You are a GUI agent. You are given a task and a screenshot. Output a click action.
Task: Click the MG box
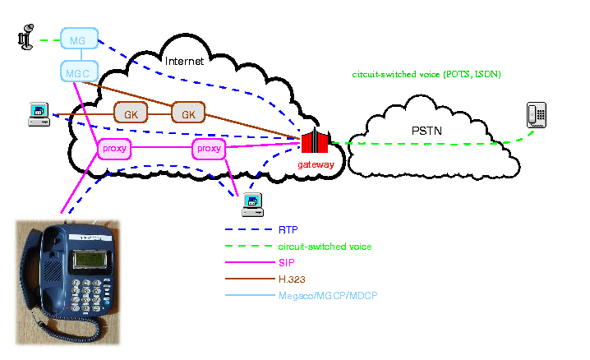77,39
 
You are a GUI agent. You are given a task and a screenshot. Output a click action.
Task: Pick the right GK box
187,113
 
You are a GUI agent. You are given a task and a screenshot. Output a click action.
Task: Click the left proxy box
113,149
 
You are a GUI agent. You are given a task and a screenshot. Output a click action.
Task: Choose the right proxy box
209,149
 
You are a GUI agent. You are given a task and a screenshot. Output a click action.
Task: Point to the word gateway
316,164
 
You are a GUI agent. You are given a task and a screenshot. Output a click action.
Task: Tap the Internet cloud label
183,62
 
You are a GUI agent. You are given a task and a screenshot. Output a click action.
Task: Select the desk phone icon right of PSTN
537,115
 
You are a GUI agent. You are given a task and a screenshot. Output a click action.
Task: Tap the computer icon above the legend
251,203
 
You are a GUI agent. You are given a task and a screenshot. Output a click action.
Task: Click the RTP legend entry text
288,230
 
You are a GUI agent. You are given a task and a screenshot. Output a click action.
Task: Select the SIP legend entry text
286,262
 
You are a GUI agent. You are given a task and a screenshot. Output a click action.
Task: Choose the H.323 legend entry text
292,279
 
